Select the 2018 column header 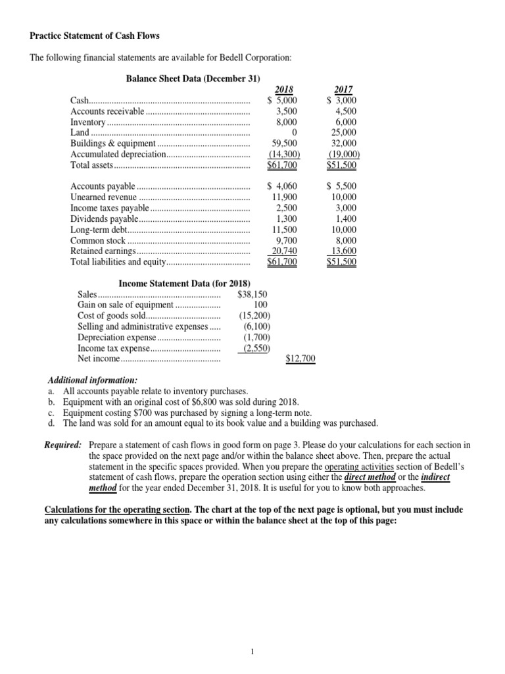click(284, 90)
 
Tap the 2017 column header click(343, 90)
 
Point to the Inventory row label click(88, 122)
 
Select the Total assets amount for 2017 click(342, 165)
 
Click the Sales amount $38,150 click(252, 294)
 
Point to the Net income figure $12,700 click(301, 359)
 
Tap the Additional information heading click(92, 380)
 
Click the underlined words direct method click(370, 477)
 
